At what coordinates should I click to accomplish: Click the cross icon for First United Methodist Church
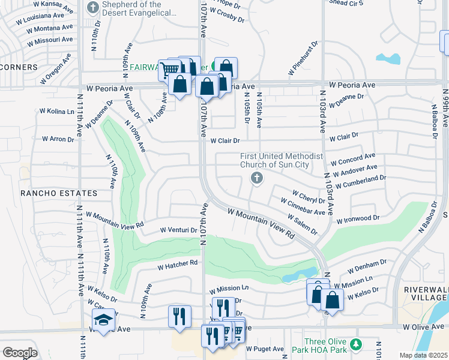(257, 178)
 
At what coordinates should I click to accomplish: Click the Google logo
(20, 353)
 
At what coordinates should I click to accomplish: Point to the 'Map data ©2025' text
(423, 355)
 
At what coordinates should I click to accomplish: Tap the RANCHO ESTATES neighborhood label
(59, 193)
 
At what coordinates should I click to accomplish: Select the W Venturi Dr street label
(179, 230)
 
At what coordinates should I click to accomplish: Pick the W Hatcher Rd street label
(177, 263)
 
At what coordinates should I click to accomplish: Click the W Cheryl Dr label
(308, 197)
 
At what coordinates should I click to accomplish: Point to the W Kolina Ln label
(56, 111)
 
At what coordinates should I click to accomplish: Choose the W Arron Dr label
(58, 139)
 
